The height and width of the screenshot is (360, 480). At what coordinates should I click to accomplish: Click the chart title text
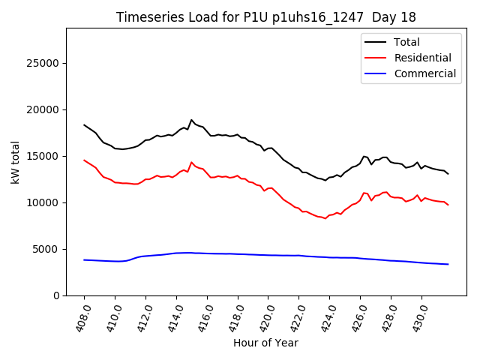265,17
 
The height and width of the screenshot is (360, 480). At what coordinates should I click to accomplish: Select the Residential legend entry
422,58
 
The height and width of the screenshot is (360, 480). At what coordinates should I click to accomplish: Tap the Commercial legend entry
424,73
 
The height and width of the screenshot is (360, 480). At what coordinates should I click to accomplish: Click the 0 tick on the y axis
57,295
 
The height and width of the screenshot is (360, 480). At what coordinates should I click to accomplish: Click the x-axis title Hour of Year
265,343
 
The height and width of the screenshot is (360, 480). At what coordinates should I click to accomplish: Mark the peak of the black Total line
191,120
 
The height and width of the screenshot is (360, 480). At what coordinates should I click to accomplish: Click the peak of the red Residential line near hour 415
191,162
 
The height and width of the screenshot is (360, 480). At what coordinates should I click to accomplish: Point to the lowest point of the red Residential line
325,218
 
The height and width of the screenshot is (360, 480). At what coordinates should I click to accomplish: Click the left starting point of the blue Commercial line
84,259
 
